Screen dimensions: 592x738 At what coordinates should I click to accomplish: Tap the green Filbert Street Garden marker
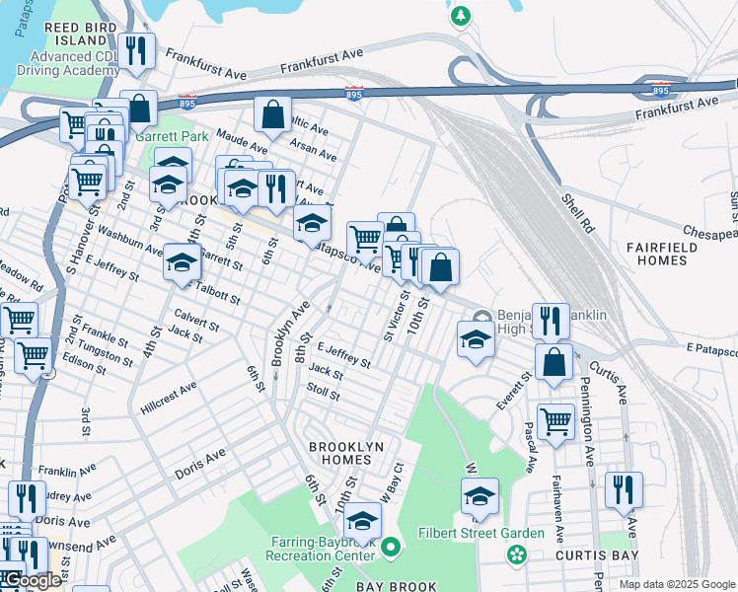516,555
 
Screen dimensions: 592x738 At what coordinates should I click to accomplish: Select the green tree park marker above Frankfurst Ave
460,16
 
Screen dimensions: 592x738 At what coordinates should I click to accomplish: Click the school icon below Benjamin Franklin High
476,339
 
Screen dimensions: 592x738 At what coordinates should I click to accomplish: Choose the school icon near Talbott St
182,261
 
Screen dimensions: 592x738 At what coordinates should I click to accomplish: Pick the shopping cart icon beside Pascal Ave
555,421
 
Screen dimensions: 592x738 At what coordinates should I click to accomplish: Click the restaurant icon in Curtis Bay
624,489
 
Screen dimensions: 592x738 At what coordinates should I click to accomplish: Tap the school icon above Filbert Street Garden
480,496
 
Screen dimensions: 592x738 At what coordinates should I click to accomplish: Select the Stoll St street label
323,393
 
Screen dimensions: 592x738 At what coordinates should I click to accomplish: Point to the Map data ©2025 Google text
676,584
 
